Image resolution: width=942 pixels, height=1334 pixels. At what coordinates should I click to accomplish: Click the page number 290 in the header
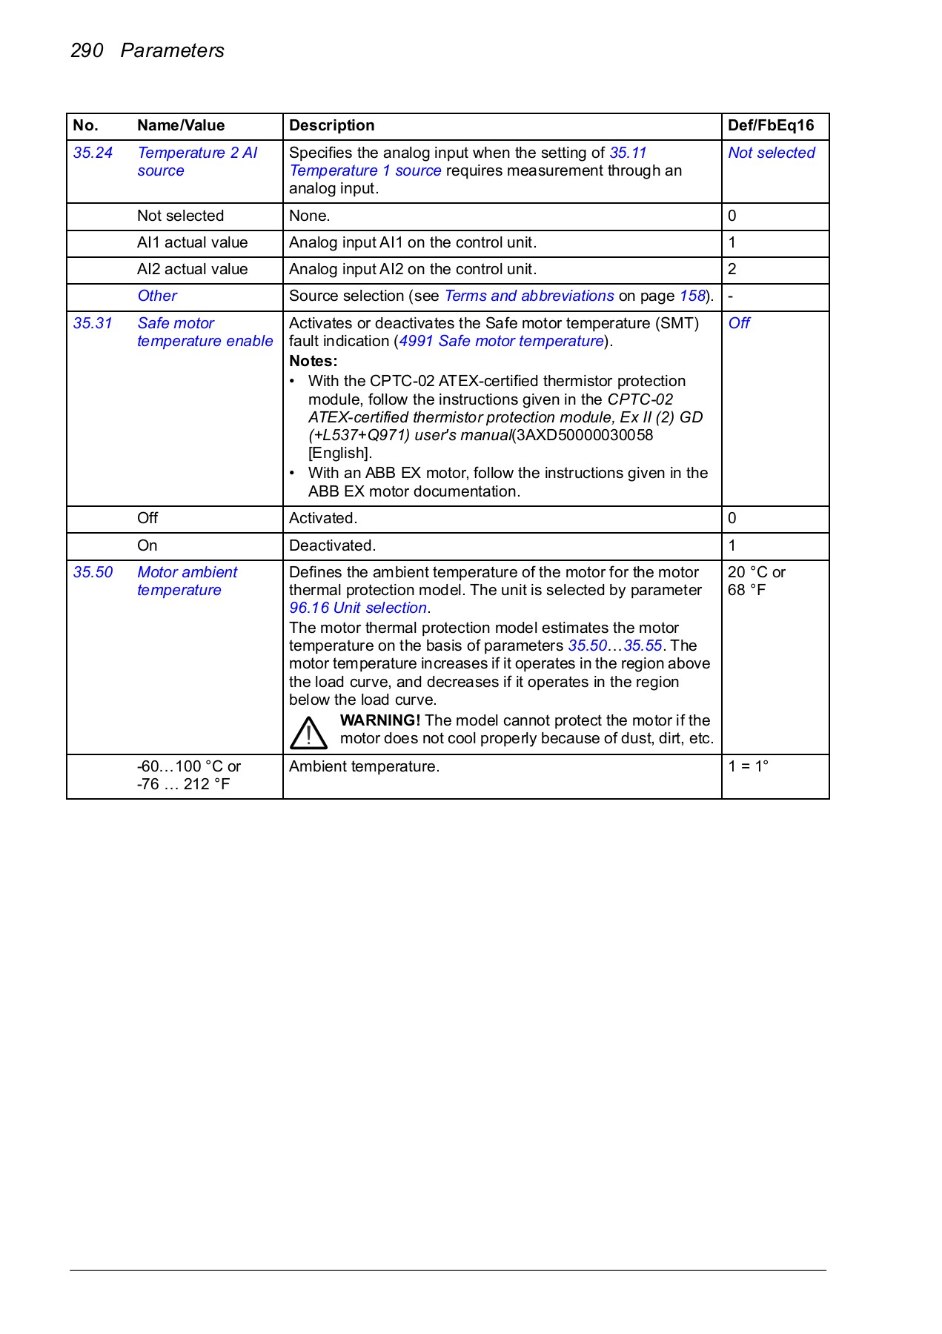[x=87, y=50]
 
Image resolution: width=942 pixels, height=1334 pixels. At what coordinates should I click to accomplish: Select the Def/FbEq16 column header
[x=770, y=125]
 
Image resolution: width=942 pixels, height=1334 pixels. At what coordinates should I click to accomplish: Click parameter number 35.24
[x=93, y=153]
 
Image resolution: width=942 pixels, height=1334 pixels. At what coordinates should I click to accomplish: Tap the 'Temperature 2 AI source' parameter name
[x=196, y=162]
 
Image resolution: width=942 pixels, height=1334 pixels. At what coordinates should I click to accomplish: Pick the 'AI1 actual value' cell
[x=192, y=242]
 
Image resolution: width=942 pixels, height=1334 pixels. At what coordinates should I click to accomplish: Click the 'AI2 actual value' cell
[x=192, y=269]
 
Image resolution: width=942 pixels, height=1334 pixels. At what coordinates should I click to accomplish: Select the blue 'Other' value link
[x=157, y=296]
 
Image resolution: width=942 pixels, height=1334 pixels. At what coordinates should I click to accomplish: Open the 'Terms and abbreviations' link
[x=528, y=296]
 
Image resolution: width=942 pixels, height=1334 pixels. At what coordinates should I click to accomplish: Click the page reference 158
[x=692, y=296]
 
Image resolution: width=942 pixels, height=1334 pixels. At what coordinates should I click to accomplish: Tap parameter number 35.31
[x=93, y=323]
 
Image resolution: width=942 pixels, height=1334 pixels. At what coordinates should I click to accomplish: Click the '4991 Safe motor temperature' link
[x=502, y=341]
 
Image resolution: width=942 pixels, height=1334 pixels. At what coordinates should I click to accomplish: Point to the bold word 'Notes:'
[x=313, y=361]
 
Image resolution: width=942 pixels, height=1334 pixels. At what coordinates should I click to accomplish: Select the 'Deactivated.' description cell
[x=332, y=545]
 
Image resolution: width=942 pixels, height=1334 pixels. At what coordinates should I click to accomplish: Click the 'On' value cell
[x=147, y=545]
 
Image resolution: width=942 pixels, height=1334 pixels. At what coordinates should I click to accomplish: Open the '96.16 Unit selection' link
[x=358, y=608]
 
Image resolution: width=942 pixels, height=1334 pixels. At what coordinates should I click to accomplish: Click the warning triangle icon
[x=308, y=732]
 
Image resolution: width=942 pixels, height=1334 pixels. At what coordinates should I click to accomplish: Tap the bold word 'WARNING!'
[x=379, y=720]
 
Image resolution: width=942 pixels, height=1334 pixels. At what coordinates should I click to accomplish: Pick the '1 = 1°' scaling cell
[x=748, y=766]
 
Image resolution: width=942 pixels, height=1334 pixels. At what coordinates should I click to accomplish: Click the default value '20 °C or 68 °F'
[x=756, y=581]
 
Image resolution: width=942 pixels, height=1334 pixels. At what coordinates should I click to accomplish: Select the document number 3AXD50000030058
[x=584, y=435]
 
